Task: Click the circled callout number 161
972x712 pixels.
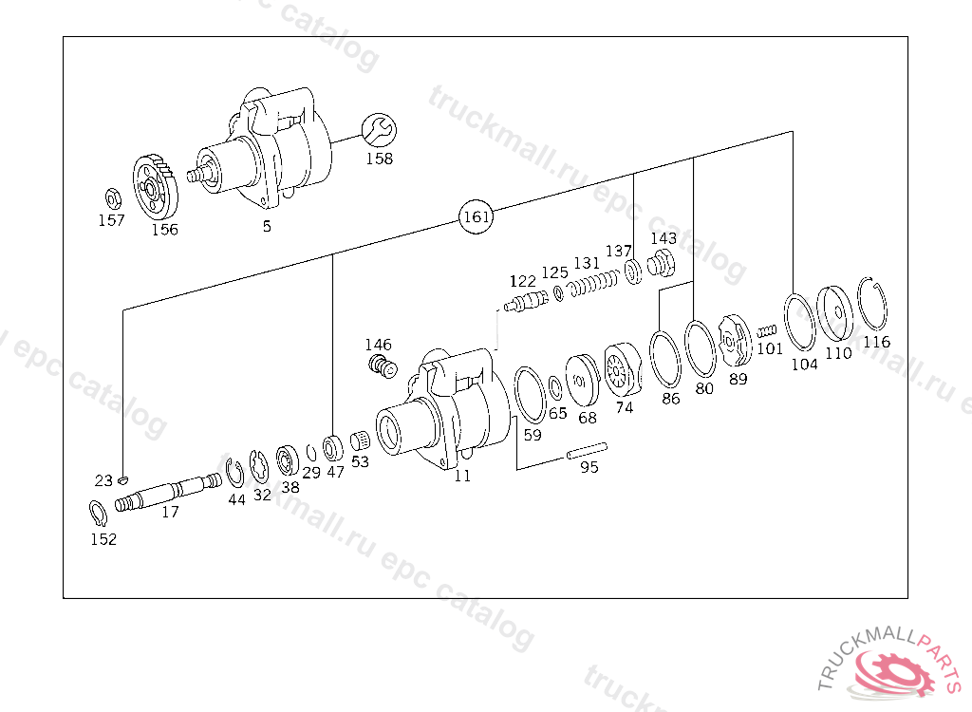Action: (477, 216)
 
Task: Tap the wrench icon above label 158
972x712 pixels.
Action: (379, 131)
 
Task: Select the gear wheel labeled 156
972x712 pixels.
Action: (155, 187)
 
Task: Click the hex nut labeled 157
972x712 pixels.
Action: (113, 199)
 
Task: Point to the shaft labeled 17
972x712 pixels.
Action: (168, 492)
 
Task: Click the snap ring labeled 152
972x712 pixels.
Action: (98, 513)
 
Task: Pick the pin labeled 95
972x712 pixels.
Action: (587, 451)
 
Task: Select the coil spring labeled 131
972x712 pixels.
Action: (594, 283)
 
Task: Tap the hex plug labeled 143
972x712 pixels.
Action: (662, 264)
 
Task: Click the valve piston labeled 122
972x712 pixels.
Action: (526, 302)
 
